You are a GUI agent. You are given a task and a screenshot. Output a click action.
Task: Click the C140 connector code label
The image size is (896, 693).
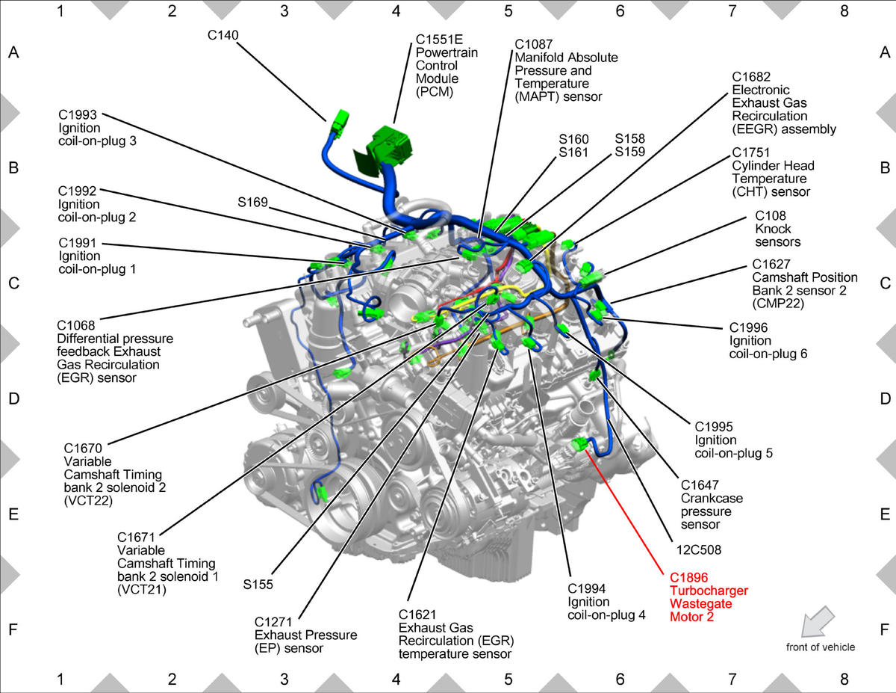tap(223, 35)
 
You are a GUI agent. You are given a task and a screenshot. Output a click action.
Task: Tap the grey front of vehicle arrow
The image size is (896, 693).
tap(818, 621)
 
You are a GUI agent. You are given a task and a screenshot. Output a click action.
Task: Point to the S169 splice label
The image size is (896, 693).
tap(252, 202)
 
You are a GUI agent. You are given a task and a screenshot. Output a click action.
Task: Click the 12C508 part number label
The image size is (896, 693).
tap(698, 549)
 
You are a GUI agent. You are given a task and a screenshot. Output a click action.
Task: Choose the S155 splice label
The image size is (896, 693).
tap(258, 585)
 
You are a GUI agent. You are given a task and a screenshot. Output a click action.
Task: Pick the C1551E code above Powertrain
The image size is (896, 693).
tap(439, 39)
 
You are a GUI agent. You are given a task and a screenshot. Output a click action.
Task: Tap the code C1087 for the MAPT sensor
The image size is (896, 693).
tap(534, 44)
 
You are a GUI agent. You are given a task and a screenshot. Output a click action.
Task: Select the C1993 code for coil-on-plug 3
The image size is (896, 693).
tap(78, 114)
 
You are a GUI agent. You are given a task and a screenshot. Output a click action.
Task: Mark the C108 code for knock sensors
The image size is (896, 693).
tap(771, 215)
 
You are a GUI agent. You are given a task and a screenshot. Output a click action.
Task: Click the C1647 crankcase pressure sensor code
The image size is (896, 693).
tap(700, 484)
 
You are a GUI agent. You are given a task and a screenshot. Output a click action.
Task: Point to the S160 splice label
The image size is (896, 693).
tap(573, 139)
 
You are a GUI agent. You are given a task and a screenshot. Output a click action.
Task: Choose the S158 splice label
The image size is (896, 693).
tap(629, 138)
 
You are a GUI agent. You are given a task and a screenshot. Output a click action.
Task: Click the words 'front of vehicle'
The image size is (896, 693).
tap(821, 647)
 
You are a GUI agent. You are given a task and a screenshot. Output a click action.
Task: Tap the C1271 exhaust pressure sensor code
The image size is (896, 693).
tap(273, 621)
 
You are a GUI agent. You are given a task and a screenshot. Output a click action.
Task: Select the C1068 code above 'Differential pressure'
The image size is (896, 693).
tap(76, 325)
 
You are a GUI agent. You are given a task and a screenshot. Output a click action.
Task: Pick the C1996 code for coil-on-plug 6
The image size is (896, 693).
tap(748, 327)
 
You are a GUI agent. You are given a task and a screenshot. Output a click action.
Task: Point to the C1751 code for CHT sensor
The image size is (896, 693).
tap(751, 153)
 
